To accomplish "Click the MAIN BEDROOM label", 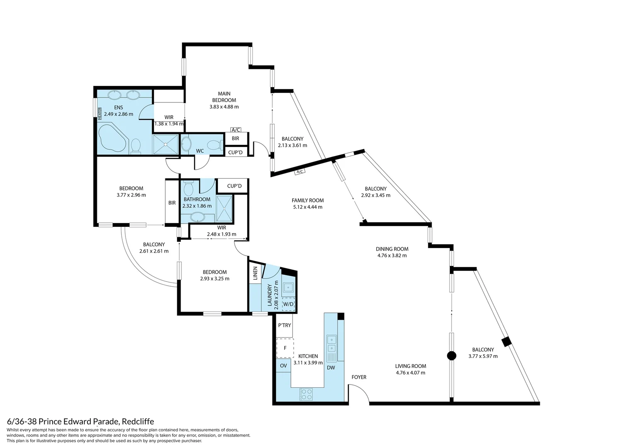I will pyautogui.click(x=224, y=97).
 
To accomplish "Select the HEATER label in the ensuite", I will pyautogui.click(x=100, y=112).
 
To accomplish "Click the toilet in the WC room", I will pyautogui.click(x=215, y=145).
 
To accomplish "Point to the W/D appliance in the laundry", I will pyautogui.click(x=288, y=304).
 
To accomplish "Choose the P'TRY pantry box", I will pyautogui.click(x=285, y=325).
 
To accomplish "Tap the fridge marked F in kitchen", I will pyautogui.click(x=285, y=348).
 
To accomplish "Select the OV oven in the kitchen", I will pyautogui.click(x=283, y=365).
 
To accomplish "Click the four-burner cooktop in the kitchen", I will pyautogui.click(x=306, y=394).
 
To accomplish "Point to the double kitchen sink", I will pyautogui.click(x=331, y=344).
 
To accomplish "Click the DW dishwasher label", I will pyautogui.click(x=331, y=368).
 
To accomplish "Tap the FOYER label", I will pyautogui.click(x=359, y=377).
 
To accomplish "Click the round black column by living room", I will pyautogui.click(x=452, y=356).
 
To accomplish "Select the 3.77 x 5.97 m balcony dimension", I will pyautogui.click(x=483, y=356).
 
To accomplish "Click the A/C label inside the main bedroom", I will pyautogui.click(x=236, y=130).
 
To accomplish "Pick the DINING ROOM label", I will pyautogui.click(x=392, y=249).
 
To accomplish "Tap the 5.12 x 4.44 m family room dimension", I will pyautogui.click(x=307, y=207).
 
